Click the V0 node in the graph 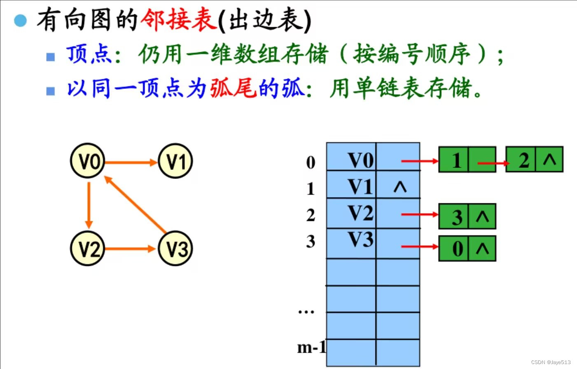[88, 161]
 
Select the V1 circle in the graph [175, 161]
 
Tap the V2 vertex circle [88, 248]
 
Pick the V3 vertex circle [175, 248]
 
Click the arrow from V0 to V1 [131, 162]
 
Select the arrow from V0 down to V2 [89, 204]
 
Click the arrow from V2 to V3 [131, 249]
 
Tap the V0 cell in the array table [351, 160]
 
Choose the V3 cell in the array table [351, 241]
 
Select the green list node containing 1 [467, 160]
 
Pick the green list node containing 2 [534, 160]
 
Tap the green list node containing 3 [467, 216]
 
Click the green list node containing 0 [467, 248]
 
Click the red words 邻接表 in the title [179, 20]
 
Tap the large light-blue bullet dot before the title [20, 20]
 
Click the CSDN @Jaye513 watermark [551, 362]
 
